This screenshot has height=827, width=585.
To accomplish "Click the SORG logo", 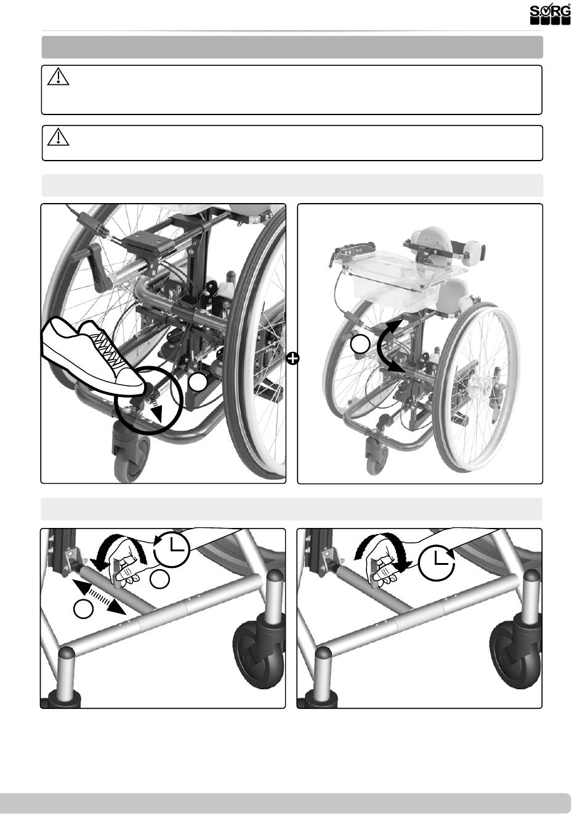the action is point(550,15).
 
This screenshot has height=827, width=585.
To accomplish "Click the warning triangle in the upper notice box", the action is point(58,77).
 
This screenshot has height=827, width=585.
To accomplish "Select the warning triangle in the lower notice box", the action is point(58,137).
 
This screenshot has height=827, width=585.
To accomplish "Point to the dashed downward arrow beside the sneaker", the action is point(156,408).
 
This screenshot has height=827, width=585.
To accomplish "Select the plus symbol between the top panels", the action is point(292,358).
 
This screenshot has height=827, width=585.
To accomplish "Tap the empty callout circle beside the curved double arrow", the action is point(360,344).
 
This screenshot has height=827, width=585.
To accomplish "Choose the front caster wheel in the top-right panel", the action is point(377,455).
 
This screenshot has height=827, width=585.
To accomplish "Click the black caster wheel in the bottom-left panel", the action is point(259,647).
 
